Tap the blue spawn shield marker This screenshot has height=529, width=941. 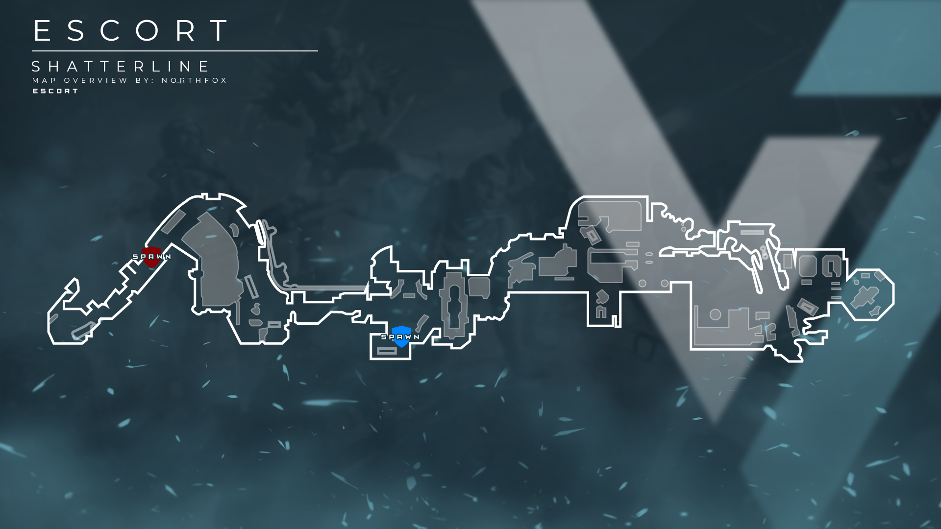click(x=401, y=337)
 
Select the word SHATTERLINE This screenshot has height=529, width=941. click(x=121, y=66)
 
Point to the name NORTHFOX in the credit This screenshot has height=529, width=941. click(x=194, y=80)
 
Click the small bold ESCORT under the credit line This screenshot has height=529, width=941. click(x=55, y=91)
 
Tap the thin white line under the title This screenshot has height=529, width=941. click(x=174, y=51)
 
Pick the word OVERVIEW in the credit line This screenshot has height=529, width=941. click(x=96, y=80)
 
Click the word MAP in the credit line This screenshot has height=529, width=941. click(x=44, y=80)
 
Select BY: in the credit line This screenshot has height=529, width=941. click(x=145, y=80)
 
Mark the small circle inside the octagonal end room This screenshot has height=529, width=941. click(x=856, y=282)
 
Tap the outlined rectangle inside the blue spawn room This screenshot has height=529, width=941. click(x=387, y=351)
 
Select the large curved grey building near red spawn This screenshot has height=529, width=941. click(x=216, y=260)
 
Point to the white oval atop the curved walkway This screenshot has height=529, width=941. click(x=260, y=233)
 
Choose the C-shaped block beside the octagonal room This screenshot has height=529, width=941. click(x=831, y=267)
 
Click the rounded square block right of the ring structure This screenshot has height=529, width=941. click(x=479, y=287)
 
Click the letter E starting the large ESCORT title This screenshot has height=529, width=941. click(x=42, y=30)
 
